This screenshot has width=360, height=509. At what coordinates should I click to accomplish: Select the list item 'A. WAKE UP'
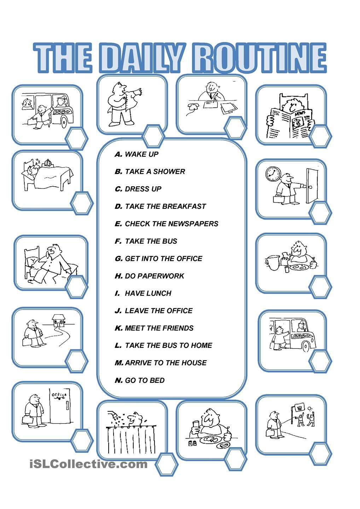coord(137,154)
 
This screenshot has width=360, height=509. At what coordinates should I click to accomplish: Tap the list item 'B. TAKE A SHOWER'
coord(150,171)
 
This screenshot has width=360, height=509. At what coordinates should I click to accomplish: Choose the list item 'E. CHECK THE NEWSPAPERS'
coord(166,224)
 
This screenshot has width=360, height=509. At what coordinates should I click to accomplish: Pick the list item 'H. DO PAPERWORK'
coord(149,276)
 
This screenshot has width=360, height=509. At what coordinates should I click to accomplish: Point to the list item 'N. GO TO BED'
coord(140,380)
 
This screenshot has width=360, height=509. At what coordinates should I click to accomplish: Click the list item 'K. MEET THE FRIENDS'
coord(154,328)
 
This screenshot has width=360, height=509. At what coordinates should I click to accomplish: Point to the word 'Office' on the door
coord(59,395)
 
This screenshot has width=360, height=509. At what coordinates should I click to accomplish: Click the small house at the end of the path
coord(58,320)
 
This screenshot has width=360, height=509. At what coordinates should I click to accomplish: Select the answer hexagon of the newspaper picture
coord(320,136)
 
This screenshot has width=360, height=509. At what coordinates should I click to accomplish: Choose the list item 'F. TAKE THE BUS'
coord(146,241)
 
